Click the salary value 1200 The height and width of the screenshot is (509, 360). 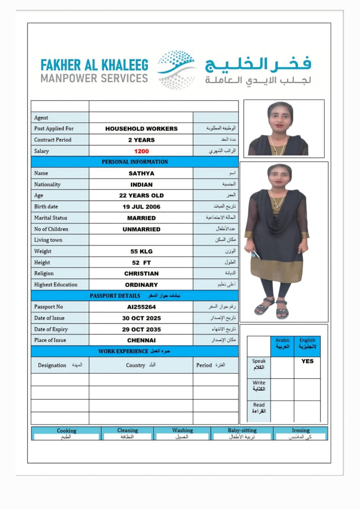141,151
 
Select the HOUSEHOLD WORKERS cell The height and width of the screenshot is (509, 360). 141,129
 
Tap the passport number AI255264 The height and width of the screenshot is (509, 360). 141,307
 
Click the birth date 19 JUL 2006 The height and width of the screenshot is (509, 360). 141,207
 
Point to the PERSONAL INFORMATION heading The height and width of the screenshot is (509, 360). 135,162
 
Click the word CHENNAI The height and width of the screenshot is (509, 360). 141,340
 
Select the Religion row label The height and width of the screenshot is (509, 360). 44,274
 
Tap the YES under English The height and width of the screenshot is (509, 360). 307,361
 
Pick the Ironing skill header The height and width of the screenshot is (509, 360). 300,430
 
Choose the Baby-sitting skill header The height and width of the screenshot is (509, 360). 242,430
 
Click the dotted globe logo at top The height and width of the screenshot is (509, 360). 177,70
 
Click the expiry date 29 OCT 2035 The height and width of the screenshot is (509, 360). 141,330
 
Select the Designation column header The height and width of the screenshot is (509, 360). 52,365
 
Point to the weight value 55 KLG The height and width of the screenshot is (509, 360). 141,251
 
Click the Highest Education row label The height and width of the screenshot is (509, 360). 56,285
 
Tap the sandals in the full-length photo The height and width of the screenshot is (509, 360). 272,308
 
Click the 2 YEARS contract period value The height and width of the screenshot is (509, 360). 141,140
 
